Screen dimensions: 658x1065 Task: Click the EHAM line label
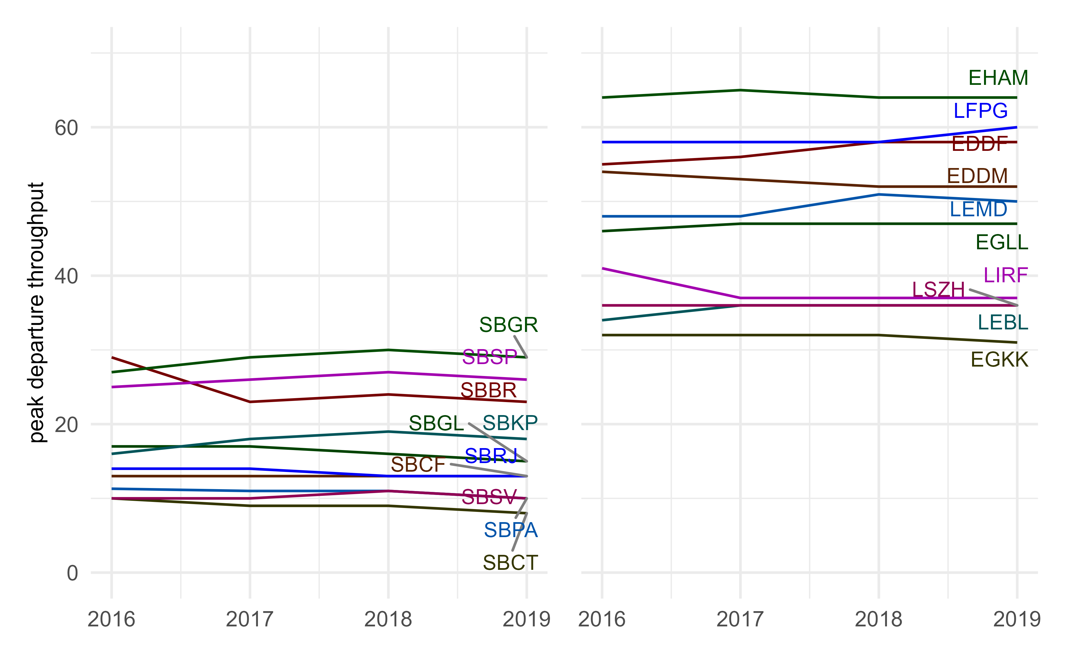click(x=998, y=78)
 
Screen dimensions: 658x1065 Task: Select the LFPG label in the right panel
click(x=980, y=111)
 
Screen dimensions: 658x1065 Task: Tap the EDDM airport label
click(x=977, y=176)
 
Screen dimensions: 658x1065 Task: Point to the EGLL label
click(x=1001, y=242)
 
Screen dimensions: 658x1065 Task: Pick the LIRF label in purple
click(x=1005, y=275)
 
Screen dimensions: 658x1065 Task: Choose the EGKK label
click(x=999, y=360)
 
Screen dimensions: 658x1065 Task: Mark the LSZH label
click(x=938, y=290)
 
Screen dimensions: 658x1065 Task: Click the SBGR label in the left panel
click(x=508, y=325)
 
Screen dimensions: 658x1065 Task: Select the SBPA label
click(x=511, y=530)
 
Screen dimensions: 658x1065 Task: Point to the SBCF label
click(x=418, y=465)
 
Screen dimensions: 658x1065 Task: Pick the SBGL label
click(x=436, y=423)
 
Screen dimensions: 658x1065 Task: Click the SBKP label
click(x=510, y=423)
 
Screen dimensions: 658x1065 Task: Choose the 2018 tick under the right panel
click(x=878, y=619)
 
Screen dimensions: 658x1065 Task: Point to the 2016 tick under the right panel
click(x=602, y=619)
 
